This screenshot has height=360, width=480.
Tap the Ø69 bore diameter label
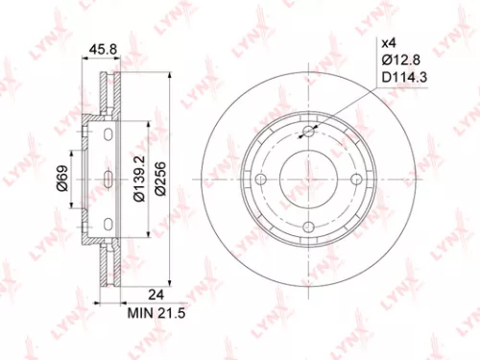[60, 180]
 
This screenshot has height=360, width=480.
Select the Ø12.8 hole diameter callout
[397, 60]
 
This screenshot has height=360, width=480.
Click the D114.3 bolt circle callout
[400, 76]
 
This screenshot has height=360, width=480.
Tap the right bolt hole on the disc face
[354, 180]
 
